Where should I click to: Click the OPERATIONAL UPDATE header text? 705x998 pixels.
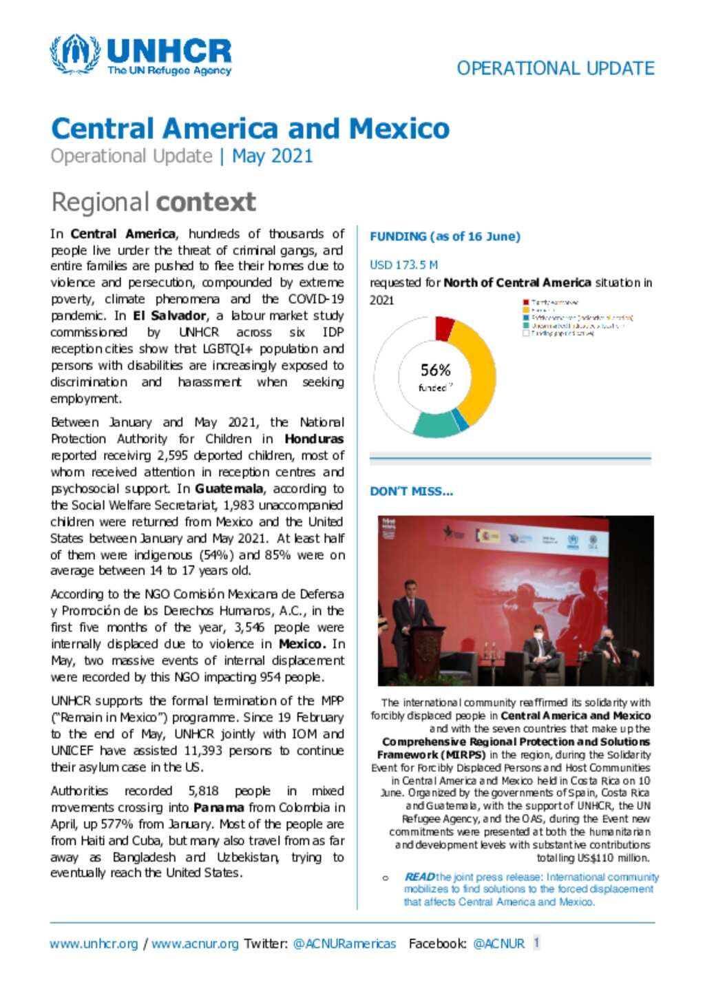point(555,69)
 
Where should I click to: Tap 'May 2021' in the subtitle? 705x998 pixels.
point(272,156)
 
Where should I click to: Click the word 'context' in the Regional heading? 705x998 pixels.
point(206,202)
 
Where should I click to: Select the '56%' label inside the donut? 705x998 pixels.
point(435,371)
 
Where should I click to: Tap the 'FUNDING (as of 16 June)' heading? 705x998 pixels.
point(445,236)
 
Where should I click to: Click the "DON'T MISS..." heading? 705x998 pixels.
point(411,491)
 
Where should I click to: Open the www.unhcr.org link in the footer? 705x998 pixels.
point(94,944)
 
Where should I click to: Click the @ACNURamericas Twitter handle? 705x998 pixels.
point(344,944)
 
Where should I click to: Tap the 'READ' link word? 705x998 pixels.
point(419,877)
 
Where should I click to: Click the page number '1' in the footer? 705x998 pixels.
point(537,943)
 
